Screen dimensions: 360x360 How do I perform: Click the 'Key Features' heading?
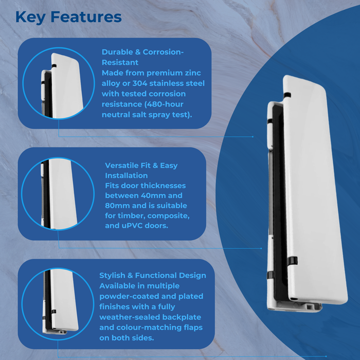click(x=68, y=17)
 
